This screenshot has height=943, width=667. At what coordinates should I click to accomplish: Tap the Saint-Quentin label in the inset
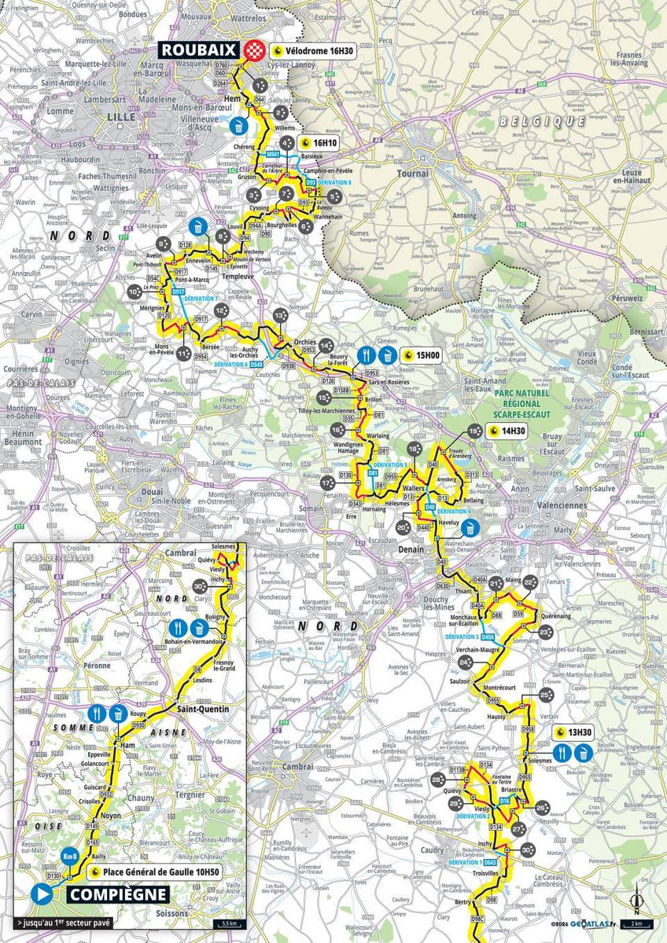[202, 710]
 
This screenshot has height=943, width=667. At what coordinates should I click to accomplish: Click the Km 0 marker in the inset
[70, 856]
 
